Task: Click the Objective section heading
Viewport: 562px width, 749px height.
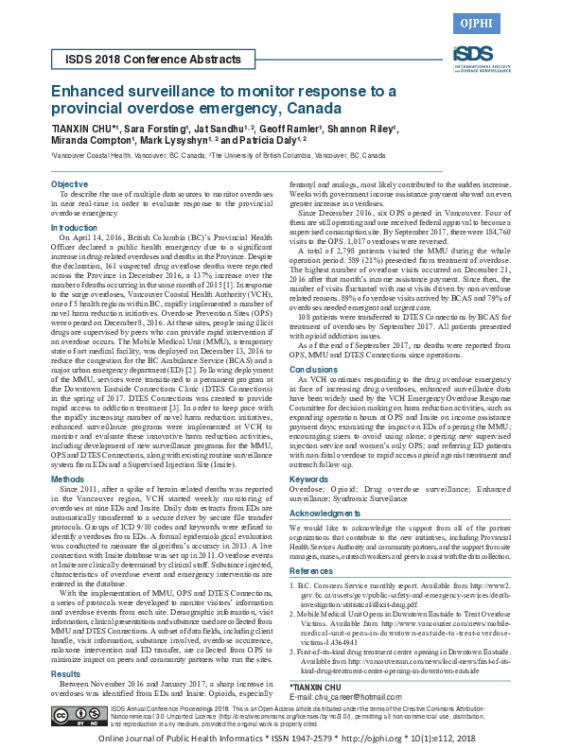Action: click(x=69, y=183)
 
